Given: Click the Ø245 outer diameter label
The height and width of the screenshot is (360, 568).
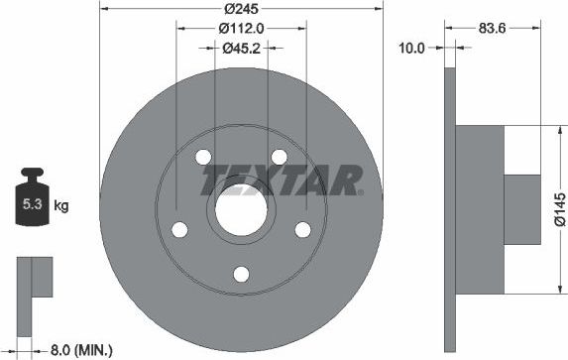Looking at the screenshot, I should click(242, 10).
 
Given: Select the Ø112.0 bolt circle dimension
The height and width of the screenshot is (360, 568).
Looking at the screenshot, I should click(241, 29).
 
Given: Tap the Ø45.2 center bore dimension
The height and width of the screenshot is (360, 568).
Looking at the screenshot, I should click(241, 47).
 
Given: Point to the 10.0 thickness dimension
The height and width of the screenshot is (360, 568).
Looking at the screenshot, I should click(411, 47).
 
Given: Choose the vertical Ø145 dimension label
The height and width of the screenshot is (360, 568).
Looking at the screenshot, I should click(559, 209).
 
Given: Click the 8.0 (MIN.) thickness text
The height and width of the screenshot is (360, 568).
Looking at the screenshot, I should click(81, 349).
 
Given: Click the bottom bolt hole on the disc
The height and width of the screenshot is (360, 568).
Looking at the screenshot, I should click(241, 275).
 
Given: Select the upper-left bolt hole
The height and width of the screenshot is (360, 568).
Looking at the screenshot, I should click(203, 158).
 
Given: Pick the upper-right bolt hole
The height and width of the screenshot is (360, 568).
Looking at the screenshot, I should click(280, 158).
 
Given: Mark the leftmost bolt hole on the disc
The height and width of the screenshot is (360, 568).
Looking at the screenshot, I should click(179, 230).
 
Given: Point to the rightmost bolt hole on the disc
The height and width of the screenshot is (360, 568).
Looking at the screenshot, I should click(302, 230).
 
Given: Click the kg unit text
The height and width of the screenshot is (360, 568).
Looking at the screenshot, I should click(60, 206).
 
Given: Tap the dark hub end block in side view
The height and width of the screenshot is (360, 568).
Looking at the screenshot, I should click(521, 209).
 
